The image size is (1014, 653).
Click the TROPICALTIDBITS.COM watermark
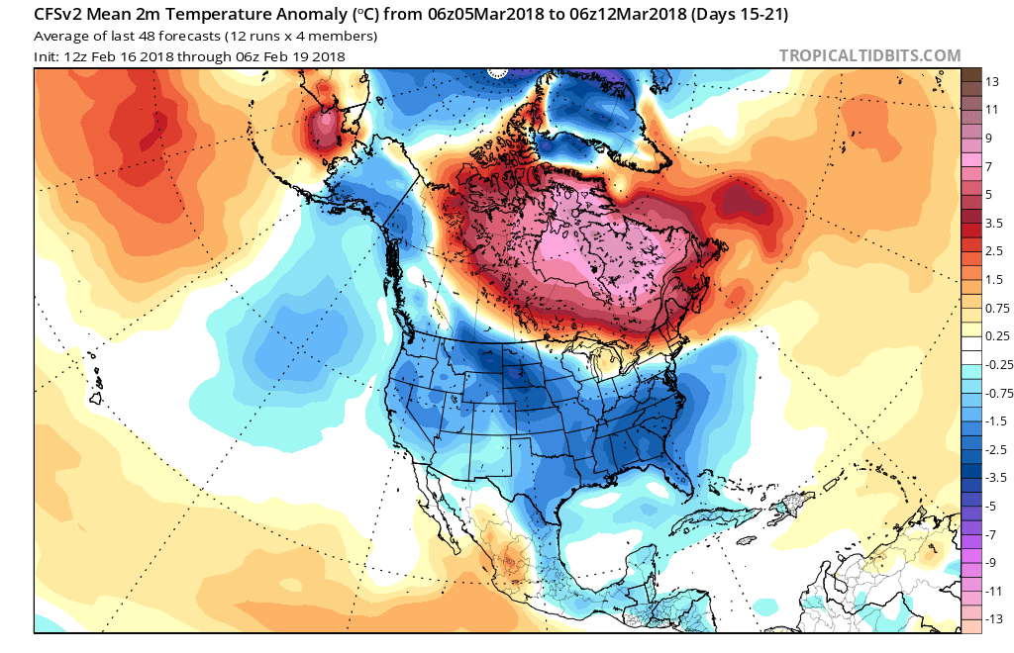[869, 55]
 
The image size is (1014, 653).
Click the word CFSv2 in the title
[61, 15]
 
